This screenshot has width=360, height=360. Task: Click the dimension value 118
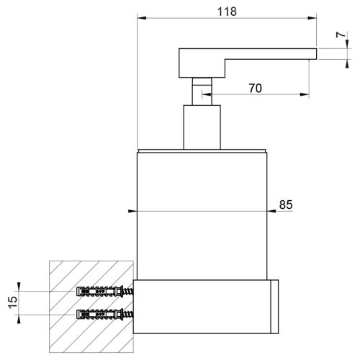coord(226,12)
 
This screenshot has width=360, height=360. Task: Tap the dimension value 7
coord(341,36)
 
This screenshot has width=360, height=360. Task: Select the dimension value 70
coord(255,88)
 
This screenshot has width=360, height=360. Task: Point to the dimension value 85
coord(285,204)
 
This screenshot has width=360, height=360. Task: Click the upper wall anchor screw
coord(104,292)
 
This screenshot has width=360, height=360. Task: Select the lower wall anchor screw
coord(104,315)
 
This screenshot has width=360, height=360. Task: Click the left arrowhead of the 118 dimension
coord(139,19)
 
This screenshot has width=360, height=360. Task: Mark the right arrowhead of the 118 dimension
coord(314,19)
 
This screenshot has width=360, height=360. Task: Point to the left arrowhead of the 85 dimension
coord(132,212)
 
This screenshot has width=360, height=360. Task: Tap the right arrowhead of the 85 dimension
coord(272,212)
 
